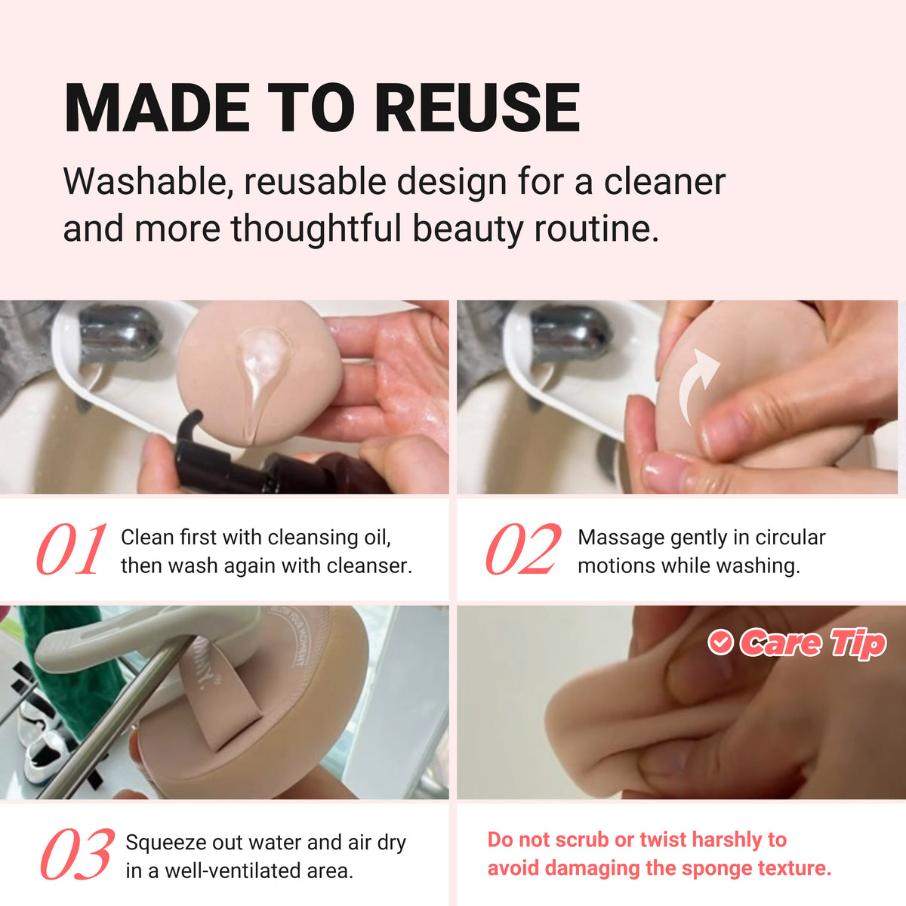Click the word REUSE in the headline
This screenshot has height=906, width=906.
478,107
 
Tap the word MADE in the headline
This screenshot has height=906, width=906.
157,107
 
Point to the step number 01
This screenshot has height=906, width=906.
72,549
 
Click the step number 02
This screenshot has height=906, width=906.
523,549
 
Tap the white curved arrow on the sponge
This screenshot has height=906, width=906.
698,387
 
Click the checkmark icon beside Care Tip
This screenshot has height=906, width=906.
720,642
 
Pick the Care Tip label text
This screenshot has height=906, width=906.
812,643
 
